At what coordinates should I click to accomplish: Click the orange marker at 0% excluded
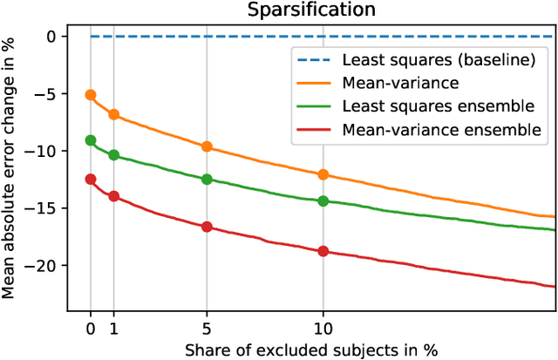(x=91, y=95)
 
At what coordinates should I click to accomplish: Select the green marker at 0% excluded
(x=91, y=140)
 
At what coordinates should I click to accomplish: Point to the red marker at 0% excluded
(x=91, y=180)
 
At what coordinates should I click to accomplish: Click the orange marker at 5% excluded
(x=207, y=146)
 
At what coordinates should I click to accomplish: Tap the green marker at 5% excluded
(x=207, y=180)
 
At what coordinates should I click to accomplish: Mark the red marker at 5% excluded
(x=207, y=227)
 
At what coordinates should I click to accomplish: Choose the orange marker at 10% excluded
(x=323, y=174)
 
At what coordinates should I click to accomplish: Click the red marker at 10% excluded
(x=323, y=251)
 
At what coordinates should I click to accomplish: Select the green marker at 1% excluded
(x=113, y=155)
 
